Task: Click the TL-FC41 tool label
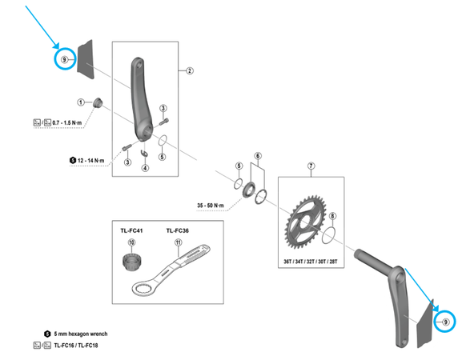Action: pyautogui.click(x=131, y=230)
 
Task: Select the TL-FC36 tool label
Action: pyautogui.click(x=178, y=230)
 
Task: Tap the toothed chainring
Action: pyautogui.click(x=304, y=222)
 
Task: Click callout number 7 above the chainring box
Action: pyautogui.click(x=311, y=166)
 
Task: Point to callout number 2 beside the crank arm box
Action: pyautogui.click(x=190, y=70)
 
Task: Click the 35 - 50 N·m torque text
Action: pyautogui.click(x=211, y=206)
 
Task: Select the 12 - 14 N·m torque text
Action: pyautogui.click(x=91, y=161)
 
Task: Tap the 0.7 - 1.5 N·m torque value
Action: pyautogui.click(x=67, y=122)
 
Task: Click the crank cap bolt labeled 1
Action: pyautogui.click(x=97, y=102)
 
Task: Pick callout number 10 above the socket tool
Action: pyautogui.click(x=131, y=242)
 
